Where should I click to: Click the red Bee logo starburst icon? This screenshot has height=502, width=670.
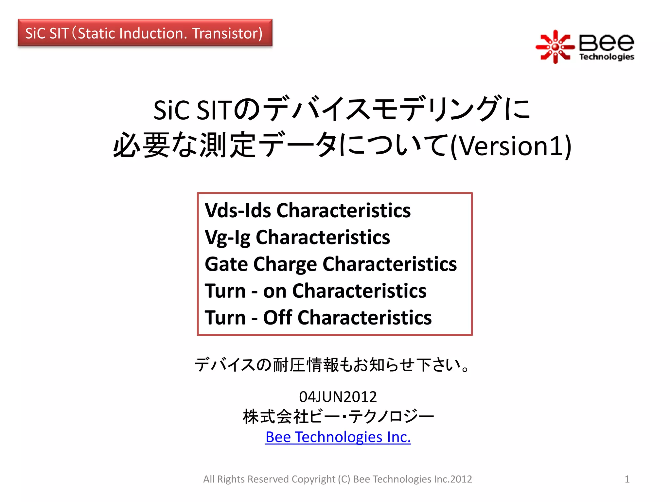[x=555, y=47]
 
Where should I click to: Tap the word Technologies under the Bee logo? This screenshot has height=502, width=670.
[x=607, y=57]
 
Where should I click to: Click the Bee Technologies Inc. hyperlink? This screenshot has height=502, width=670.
[x=338, y=437]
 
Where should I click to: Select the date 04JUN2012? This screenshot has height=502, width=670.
[x=338, y=397]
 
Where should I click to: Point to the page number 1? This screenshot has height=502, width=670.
[x=627, y=479]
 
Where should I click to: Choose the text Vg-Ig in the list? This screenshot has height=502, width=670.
[x=228, y=237]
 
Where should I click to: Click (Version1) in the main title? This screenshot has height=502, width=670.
[x=511, y=146]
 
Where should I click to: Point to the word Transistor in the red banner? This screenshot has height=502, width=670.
[x=227, y=33]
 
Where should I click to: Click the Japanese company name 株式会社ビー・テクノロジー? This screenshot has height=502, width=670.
[x=338, y=417]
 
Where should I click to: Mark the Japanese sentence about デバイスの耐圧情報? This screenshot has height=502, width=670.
[x=333, y=365]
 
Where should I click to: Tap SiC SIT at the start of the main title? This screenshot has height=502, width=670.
[x=192, y=110]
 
